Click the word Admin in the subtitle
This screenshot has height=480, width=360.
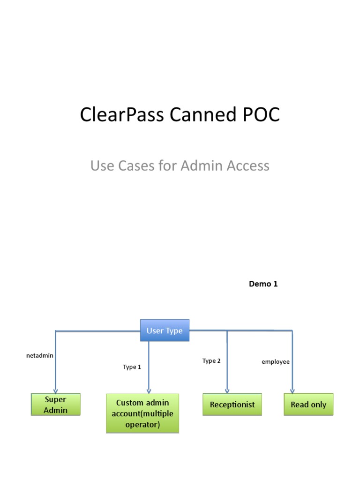pyautogui.click(x=202, y=165)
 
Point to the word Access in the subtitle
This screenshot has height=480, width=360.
pyautogui.click(x=247, y=165)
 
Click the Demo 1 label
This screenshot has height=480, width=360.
pyautogui.click(x=263, y=284)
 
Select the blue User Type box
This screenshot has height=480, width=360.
pyautogui.click(x=165, y=330)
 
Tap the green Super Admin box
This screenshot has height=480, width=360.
pyautogui.click(x=56, y=405)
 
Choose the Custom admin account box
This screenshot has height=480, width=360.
pyautogui.click(x=142, y=413)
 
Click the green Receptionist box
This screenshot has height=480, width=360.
pyautogui.click(x=232, y=405)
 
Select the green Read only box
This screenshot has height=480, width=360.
pyautogui.click(x=308, y=405)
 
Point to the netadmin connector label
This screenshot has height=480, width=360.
pyautogui.click(x=40, y=355)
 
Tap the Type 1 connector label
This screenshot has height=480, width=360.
pyautogui.click(x=132, y=367)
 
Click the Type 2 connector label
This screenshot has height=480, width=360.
pyautogui.click(x=211, y=360)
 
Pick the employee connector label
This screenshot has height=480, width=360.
pyautogui.click(x=276, y=362)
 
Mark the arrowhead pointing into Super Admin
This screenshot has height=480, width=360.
pyautogui.click(x=56, y=390)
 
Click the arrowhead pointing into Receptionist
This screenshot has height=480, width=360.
pyautogui.click(x=227, y=391)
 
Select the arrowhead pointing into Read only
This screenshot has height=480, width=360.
pyautogui.click(x=292, y=391)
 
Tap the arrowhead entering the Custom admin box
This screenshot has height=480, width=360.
pyautogui.click(x=149, y=390)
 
